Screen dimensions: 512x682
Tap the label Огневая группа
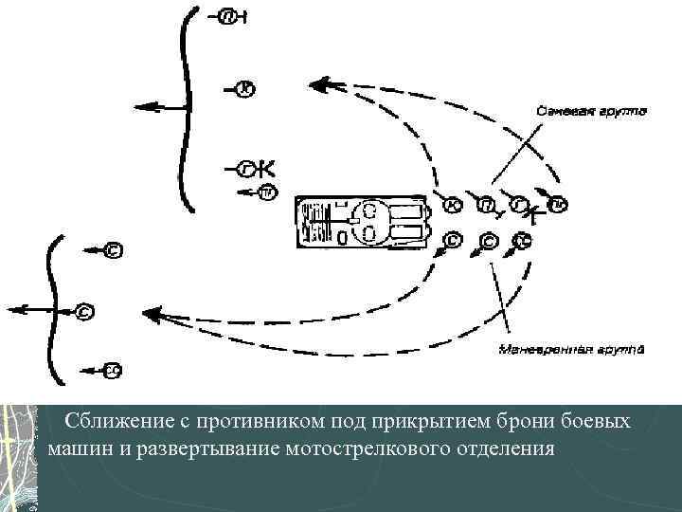pyautogui.click(x=590, y=112)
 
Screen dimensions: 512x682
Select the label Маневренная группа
pyautogui.click(x=570, y=349)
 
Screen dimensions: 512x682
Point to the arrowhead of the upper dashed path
pyautogui.click(x=322, y=85)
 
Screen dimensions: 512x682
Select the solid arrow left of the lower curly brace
pyautogui.click(x=28, y=309)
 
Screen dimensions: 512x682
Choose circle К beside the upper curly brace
pyautogui.click(x=245, y=89)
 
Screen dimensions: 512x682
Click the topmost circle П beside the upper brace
pyautogui.click(x=227, y=17)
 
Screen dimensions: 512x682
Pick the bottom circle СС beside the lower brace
pyautogui.click(x=112, y=370)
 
